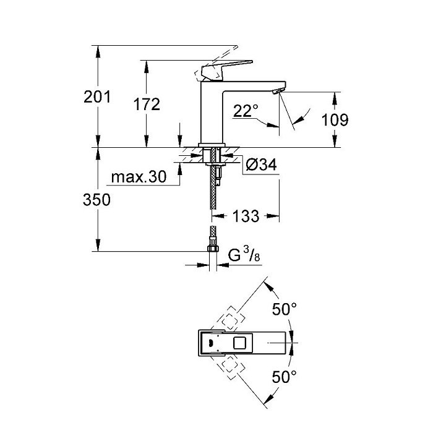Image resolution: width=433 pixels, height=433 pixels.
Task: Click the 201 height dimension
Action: click(97, 97)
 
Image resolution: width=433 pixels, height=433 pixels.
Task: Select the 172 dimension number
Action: click(147, 105)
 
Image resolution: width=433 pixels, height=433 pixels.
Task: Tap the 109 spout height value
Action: click(335, 120)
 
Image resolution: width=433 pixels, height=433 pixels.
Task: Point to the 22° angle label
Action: click(246, 111)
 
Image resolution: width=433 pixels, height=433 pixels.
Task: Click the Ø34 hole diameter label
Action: click(261, 165)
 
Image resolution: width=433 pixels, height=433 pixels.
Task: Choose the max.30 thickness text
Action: click(139, 177)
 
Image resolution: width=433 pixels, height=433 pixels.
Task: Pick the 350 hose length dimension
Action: click(96, 200)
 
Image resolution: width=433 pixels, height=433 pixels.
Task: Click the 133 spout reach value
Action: click(246, 216)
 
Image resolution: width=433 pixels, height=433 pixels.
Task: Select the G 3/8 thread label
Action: click(244, 255)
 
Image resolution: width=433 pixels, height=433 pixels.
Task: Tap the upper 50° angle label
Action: click(284, 309)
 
